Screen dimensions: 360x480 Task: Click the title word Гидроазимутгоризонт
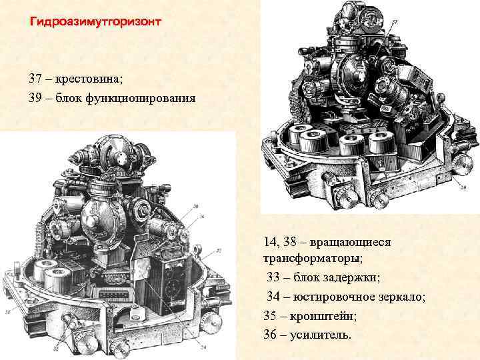[x=95, y=21]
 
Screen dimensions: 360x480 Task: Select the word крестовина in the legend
[x=91, y=79]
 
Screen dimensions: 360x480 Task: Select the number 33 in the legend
[x=273, y=277]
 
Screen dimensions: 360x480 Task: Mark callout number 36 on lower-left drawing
[x=195, y=206]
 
